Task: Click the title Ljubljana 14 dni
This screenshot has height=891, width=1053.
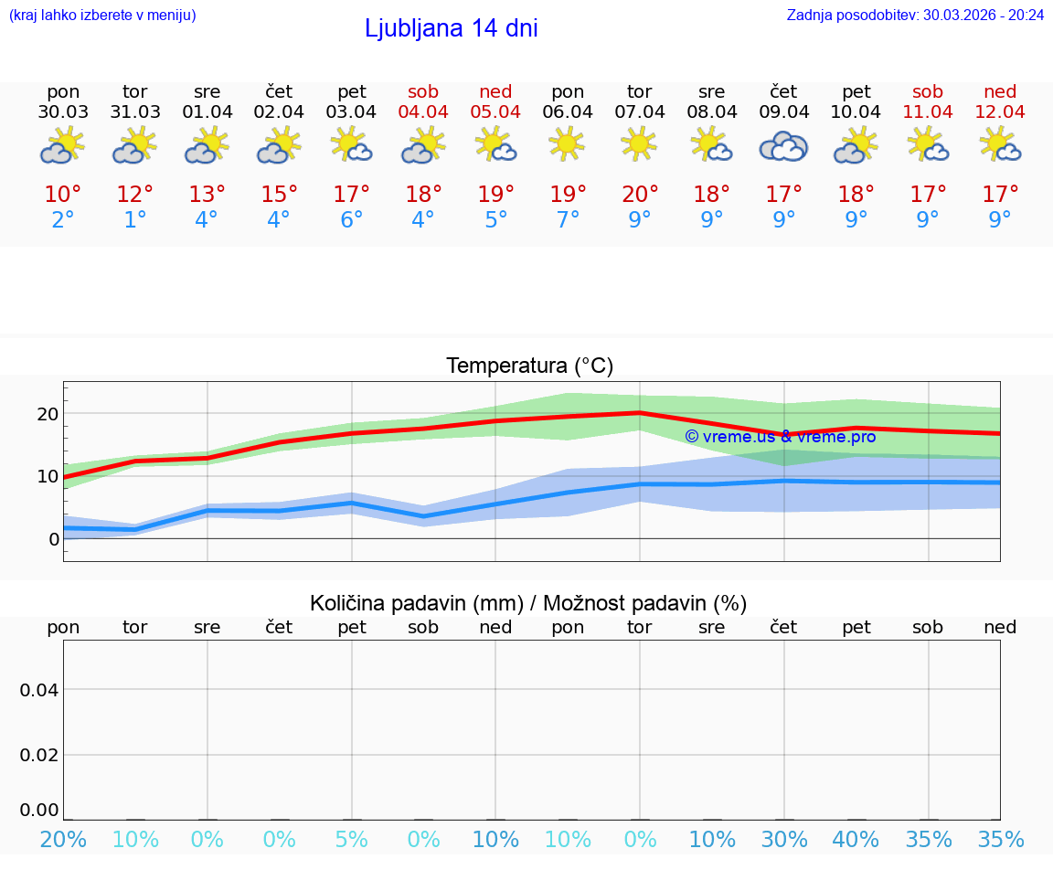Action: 451,28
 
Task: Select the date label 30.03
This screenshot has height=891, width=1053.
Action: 63,112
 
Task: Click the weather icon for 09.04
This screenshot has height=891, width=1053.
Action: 783,146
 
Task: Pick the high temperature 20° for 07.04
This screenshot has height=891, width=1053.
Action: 640,194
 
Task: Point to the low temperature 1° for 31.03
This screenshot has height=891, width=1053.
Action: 135,220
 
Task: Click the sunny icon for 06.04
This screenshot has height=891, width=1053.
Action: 568,144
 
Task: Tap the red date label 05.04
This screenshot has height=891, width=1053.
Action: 495,112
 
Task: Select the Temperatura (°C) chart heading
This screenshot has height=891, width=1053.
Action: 529,366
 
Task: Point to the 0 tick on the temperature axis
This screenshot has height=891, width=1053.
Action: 53,538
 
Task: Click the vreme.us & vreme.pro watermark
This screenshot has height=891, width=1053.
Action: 780,437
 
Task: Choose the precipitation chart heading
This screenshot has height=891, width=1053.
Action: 528,603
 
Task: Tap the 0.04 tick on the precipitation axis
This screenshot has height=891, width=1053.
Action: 39,690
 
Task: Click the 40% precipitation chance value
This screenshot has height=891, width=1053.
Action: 856,839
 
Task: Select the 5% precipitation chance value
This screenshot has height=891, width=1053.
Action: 352,839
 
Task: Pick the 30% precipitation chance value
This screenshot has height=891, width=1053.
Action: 784,839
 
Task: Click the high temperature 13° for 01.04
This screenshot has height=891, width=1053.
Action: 207,194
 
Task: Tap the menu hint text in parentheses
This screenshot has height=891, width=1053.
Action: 101,15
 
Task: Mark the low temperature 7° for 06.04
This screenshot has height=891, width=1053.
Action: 568,220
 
